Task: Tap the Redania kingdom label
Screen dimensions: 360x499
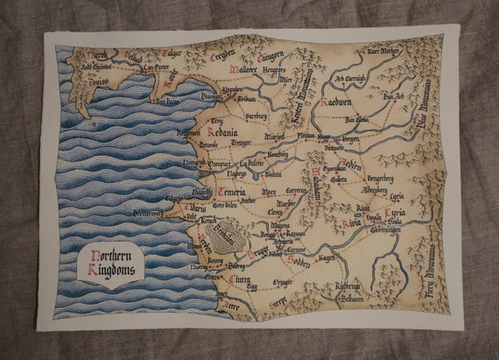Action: tap(228, 127)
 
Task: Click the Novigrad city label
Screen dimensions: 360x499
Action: tap(193, 164)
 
